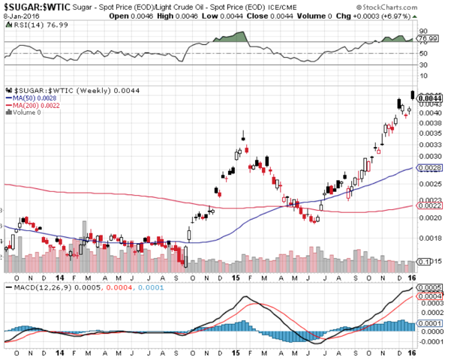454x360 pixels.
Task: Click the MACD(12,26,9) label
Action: click(36, 287)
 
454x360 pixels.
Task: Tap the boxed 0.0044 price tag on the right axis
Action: click(428, 97)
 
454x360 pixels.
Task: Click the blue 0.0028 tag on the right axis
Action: click(428, 169)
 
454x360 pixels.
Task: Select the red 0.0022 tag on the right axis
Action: click(428, 205)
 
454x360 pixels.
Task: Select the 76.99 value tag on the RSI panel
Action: click(428, 38)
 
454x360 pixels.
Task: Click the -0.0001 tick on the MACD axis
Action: click(430, 342)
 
